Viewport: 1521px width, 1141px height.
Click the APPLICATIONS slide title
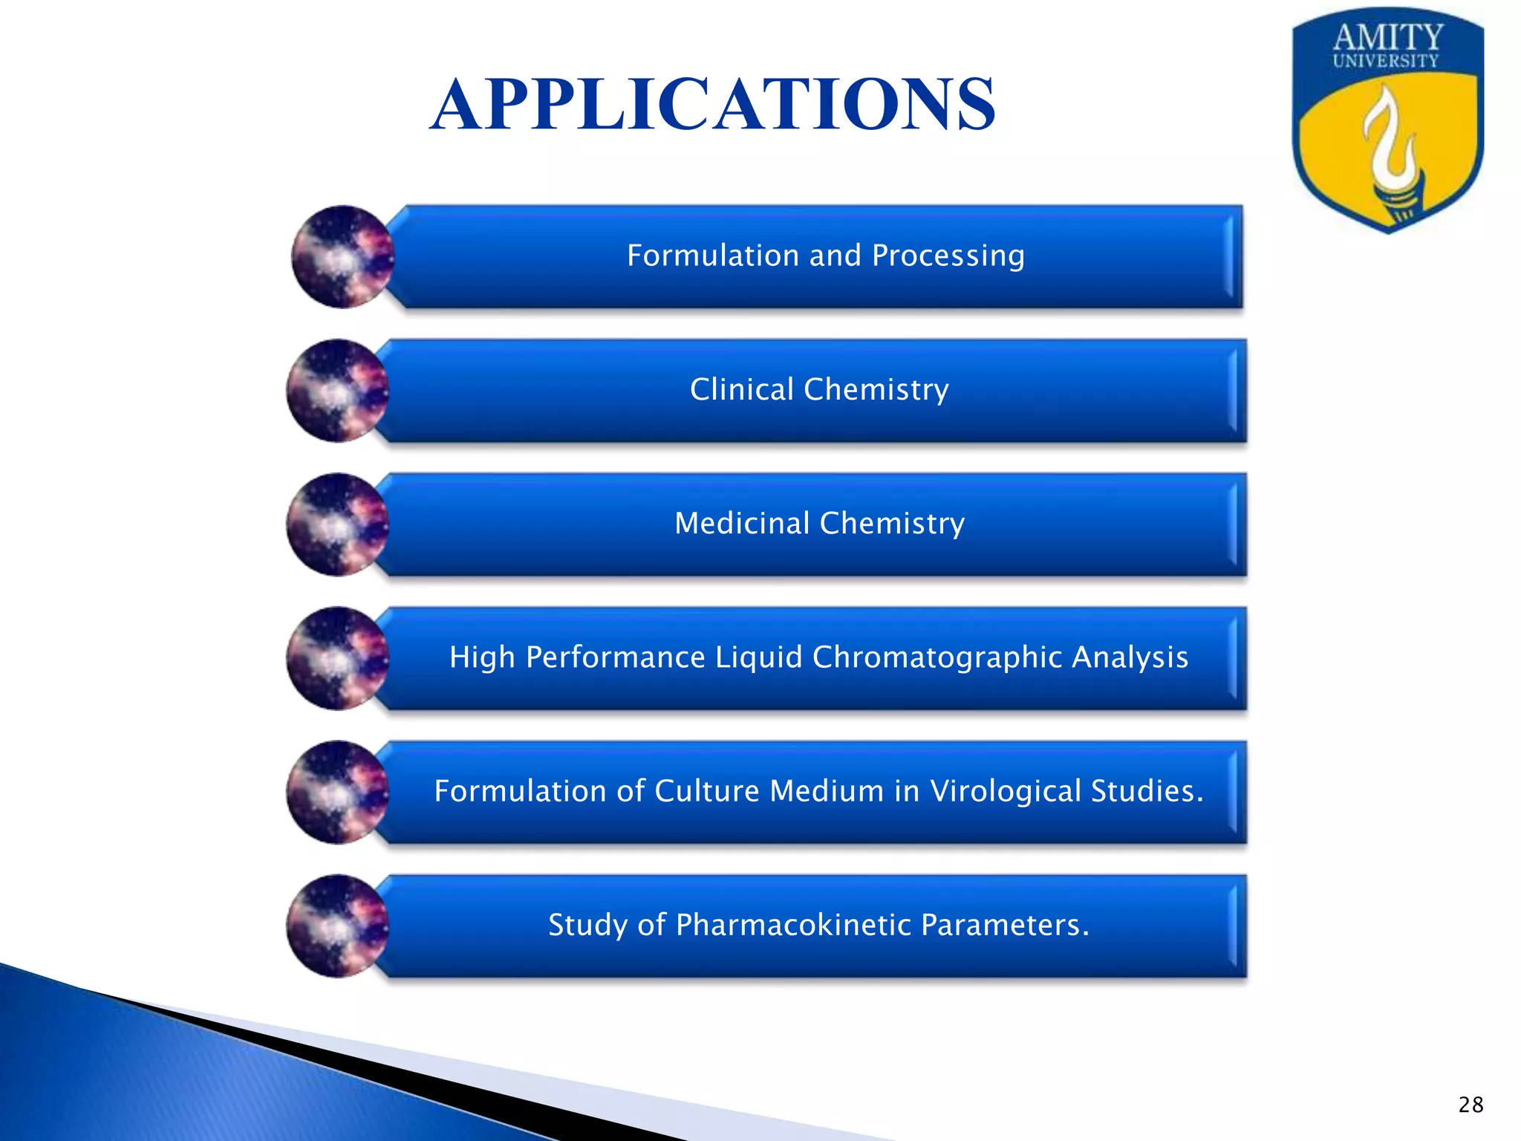tap(713, 105)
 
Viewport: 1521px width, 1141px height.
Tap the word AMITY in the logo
tap(1387, 37)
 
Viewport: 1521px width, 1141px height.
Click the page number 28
tap(1470, 1105)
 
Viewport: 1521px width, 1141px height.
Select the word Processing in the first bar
tap(948, 256)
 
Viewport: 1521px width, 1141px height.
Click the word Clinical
tap(742, 389)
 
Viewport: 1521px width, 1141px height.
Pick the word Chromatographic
tap(937, 657)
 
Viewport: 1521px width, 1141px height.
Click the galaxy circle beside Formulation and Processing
tap(342, 257)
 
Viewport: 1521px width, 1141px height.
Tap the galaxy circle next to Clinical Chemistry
tap(337, 391)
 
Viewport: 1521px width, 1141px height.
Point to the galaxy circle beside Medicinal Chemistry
tap(337, 524)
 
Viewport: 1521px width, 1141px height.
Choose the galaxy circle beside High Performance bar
tap(337, 658)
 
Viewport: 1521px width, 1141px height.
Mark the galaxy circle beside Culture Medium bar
tap(337, 792)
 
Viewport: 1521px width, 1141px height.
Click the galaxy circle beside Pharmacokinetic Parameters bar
tap(337, 926)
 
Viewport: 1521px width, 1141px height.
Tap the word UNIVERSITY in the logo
tap(1386, 62)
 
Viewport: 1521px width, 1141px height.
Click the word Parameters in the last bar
tap(1004, 925)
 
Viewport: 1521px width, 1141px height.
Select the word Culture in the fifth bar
tap(706, 791)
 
